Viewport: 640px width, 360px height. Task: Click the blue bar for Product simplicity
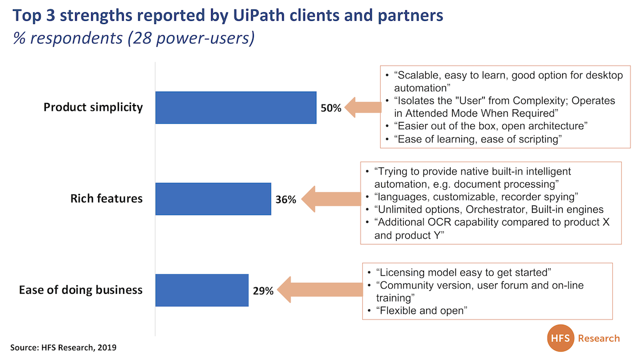(x=236, y=107)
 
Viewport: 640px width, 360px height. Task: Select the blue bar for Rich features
(x=213, y=199)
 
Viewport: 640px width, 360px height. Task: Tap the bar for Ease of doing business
(x=202, y=290)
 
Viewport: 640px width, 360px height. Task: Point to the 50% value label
(x=331, y=108)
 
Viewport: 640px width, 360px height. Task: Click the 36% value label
(x=286, y=199)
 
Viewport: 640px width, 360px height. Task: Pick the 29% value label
(x=263, y=291)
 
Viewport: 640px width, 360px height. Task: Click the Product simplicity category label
(x=93, y=107)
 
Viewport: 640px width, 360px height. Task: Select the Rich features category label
(x=106, y=198)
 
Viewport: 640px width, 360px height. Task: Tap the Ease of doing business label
(x=81, y=290)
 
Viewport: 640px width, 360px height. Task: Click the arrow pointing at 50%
(x=363, y=107)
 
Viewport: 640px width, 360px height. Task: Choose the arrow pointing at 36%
(x=331, y=199)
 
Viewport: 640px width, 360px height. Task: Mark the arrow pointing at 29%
(x=320, y=290)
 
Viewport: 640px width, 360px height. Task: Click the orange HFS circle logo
(x=561, y=338)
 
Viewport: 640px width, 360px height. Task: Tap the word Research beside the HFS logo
(x=599, y=338)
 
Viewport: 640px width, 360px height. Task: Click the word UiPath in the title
(x=259, y=15)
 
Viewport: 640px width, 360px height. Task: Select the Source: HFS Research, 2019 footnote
(x=63, y=347)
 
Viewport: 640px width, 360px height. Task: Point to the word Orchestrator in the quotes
(x=495, y=210)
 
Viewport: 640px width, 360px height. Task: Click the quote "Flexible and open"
(x=421, y=310)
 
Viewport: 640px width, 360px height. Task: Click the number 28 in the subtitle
(x=142, y=38)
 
